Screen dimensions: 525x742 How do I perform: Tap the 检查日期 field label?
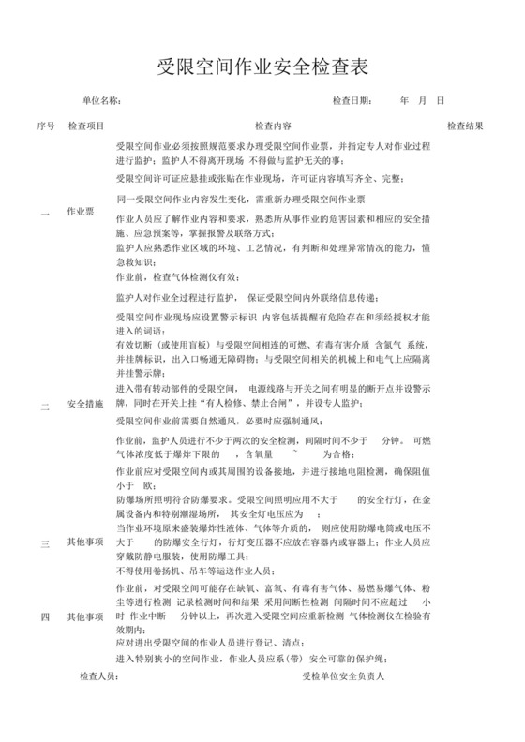(352, 100)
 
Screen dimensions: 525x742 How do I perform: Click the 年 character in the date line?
(404, 100)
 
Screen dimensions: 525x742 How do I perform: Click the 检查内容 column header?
(273, 125)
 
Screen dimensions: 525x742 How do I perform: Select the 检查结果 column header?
(465, 125)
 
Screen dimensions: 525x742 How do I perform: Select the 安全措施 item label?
(85, 406)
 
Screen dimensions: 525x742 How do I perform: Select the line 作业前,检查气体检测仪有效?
(177, 277)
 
